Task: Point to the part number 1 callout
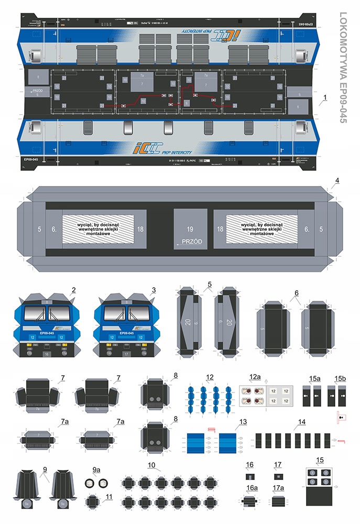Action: (325, 97)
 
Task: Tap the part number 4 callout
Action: (337, 181)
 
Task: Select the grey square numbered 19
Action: (190, 229)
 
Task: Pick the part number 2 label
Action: (74, 290)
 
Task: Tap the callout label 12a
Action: (255, 377)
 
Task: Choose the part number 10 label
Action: (151, 464)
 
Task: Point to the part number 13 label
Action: (243, 422)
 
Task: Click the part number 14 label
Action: (302, 422)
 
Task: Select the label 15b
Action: (341, 377)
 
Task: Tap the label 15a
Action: (314, 377)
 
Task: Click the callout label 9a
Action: (96, 470)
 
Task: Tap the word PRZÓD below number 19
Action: (189, 242)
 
